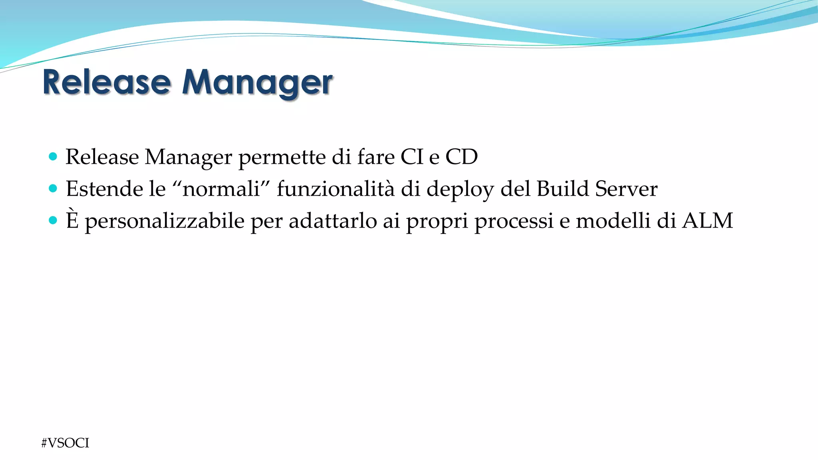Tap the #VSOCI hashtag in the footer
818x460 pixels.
click(x=65, y=443)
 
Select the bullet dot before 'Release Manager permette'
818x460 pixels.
click(x=53, y=156)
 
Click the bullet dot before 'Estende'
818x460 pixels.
click(x=53, y=188)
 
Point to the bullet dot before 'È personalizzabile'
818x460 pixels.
click(x=53, y=220)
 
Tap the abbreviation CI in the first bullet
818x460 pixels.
click(x=411, y=157)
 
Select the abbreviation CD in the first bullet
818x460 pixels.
click(x=461, y=157)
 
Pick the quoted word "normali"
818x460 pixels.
click(x=221, y=188)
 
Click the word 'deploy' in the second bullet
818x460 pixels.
click(x=460, y=189)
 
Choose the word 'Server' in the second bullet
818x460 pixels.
click(x=626, y=188)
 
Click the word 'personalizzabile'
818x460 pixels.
click(x=164, y=221)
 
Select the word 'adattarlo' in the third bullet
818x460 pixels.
click(x=332, y=220)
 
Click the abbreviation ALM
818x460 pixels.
click(x=707, y=220)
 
